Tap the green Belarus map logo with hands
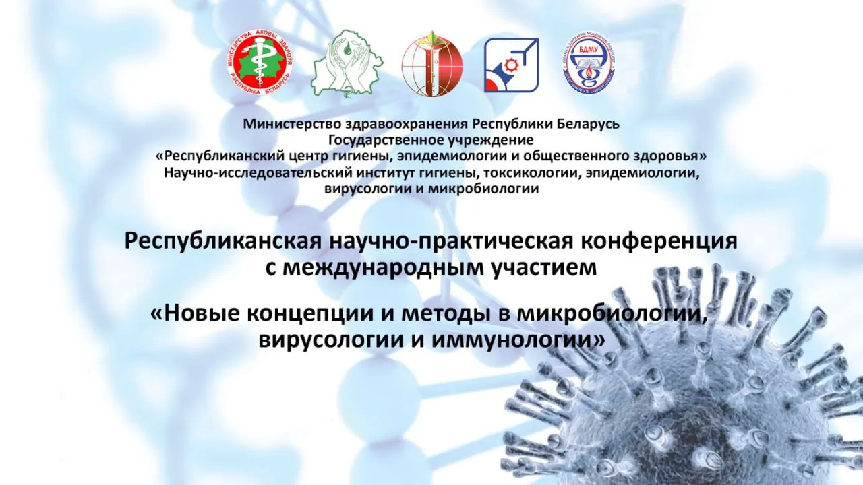[347, 63]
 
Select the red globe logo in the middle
[432, 63]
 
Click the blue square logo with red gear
[511, 65]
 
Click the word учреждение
[490, 140]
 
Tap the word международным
[383, 267]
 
